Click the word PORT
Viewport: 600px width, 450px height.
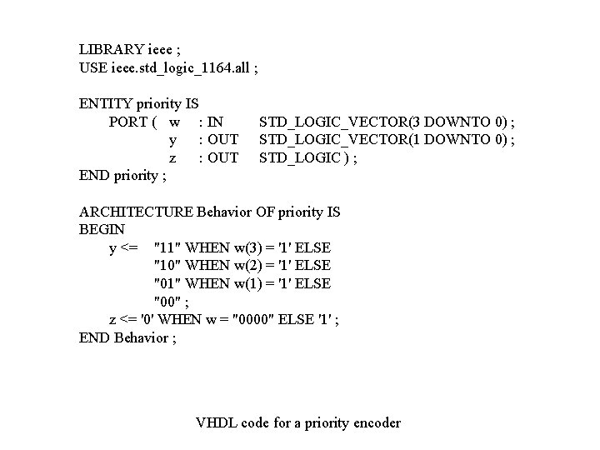pyautogui.click(x=128, y=122)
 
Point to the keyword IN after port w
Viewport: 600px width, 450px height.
pyautogui.click(x=215, y=122)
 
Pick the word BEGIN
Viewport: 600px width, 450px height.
pyautogui.click(x=102, y=229)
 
